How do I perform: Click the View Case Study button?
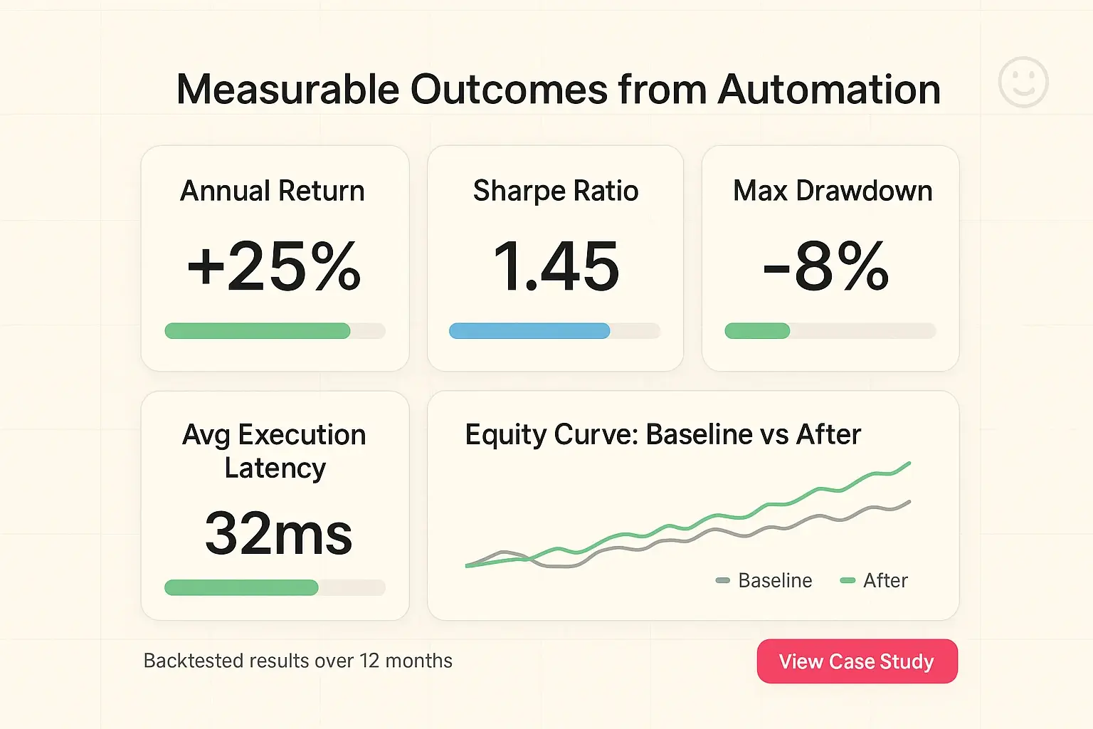click(x=857, y=661)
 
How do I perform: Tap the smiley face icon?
click(x=1023, y=83)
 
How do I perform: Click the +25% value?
click(x=274, y=267)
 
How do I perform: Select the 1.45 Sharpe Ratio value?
click(x=556, y=267)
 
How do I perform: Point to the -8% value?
click(x=826, y=267)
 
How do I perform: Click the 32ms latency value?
click(x=278, y=534)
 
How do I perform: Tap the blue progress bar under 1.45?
click(x=529, y=330)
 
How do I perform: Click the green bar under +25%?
click(x=258, y=330)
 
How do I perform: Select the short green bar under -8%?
click(x=757, y=330)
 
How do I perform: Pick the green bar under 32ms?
click(x=241, y=587)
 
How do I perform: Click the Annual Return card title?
click(x=273, y=191)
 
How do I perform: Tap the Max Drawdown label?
click(x=833, y=191)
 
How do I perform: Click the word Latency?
click(x=275, y=468)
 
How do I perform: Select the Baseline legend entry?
click(x=765, y=581)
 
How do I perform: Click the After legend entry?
click(x=875, y=581)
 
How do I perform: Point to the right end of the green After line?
click(x=909, y=464)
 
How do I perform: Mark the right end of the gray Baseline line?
click(x=909, y=503)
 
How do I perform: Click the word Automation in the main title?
click(x=829, y=90)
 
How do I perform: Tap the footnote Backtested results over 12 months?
click(x=297, y=661)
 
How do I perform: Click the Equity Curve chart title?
click(x=662, y=434)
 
